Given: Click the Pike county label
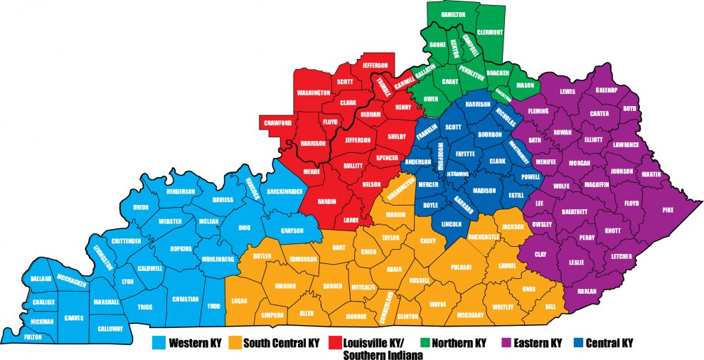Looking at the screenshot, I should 667,210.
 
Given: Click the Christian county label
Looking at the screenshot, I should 185,300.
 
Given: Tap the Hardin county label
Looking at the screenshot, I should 326,201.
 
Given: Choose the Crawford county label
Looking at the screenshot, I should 278,123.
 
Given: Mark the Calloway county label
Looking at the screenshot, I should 111,329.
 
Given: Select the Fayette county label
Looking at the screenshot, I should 465,153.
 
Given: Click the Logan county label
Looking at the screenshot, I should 239,301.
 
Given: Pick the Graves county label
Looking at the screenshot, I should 73,317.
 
